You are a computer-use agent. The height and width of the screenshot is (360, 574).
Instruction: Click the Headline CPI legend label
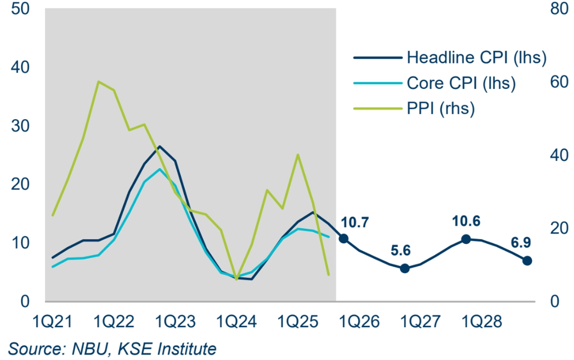[476, 58]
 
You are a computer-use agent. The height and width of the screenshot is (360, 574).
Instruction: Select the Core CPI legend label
[461, 83]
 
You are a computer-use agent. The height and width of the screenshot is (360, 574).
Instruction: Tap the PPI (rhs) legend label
[440, 108]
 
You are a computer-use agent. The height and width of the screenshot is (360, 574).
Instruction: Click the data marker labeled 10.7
[344, 239]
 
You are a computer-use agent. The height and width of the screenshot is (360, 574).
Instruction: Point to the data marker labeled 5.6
[404, 268]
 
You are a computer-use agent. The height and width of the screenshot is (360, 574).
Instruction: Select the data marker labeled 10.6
[466, 239]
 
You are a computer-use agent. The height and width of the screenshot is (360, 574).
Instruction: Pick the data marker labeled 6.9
[527, 260]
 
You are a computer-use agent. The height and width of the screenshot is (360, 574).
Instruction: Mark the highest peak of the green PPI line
[98, 82]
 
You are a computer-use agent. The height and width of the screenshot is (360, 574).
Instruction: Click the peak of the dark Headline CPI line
[159, 146]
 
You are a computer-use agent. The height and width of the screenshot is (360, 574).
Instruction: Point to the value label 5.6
[400, 251]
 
